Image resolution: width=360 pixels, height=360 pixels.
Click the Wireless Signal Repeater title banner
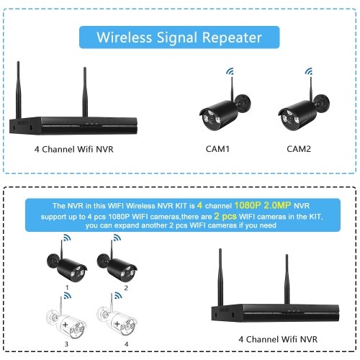click(179, 37)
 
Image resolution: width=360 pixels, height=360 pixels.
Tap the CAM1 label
click(217, 149)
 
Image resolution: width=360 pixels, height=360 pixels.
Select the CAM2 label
click(299, 149)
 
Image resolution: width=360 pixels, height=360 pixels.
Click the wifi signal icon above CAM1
click(230, 71)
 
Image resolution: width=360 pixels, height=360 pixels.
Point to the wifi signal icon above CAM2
click(309, 71)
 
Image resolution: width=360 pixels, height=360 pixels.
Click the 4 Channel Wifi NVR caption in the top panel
click(73, 149)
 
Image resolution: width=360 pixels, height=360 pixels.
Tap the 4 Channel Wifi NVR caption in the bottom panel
click(278, 339)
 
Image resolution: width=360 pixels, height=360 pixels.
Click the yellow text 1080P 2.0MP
click(263, 205)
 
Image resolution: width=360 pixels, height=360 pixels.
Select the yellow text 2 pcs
click(225, 216)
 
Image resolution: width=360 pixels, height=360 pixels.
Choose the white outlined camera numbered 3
click(66, 319)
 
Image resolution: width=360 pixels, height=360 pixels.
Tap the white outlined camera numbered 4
click(117, 318)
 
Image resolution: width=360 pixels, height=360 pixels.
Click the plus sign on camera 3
click(65, 325)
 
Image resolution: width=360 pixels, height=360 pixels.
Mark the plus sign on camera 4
click(117, 324)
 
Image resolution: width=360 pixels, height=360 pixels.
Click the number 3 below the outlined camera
click(66, 344)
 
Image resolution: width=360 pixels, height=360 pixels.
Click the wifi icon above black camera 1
click(67, 238)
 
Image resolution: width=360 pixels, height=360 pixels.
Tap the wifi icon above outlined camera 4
click(118, 295)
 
